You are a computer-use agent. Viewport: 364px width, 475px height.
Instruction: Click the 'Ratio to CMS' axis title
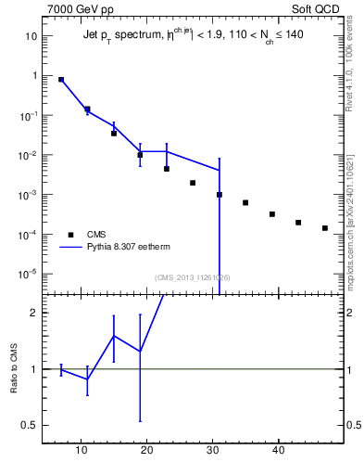(x=15, y=369)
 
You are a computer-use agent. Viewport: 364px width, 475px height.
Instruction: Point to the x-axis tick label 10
(x=81, y=450)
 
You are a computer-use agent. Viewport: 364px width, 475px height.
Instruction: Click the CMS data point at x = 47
(x=325, y=228)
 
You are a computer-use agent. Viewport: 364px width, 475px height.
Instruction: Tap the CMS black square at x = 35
(x=245, y=202)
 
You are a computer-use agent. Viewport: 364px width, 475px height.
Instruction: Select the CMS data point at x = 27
(x=193, y=183)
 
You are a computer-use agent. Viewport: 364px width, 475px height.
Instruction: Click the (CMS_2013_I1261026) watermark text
(x=193, y=277)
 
